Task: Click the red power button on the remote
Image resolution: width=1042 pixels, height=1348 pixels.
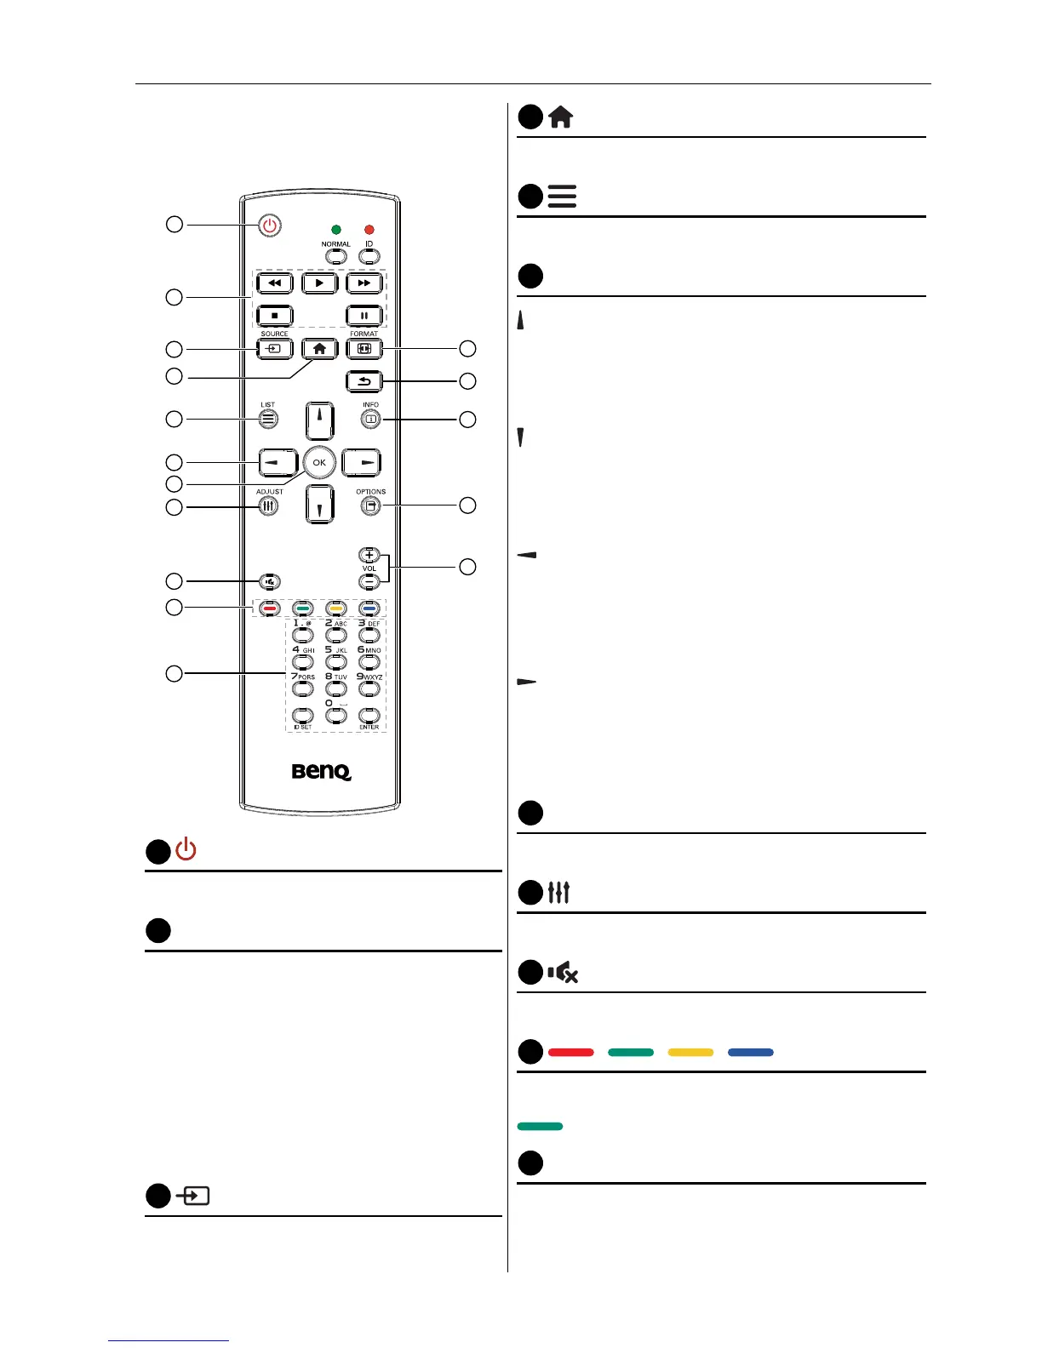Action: coord(270,226)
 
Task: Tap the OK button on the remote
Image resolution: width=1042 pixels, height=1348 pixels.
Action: coord(319,462)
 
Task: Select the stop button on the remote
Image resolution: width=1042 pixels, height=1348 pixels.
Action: coord(275,316)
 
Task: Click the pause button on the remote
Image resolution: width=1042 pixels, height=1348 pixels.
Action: coord(364,316)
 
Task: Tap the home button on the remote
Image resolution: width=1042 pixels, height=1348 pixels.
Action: coord(319,349)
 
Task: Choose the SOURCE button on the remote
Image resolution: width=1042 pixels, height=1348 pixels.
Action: coord(275,349)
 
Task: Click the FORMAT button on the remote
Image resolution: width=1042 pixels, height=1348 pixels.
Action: coord(364,349)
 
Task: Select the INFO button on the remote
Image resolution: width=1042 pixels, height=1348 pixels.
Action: coord(370,419)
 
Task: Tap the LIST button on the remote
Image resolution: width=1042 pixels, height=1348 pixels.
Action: coord(268,419)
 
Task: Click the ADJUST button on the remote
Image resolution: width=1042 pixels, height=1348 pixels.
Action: coord(268,505)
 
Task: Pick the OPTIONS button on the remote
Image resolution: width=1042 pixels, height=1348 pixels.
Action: coord(370,505)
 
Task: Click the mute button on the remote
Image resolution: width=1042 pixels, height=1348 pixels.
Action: coord(270,582)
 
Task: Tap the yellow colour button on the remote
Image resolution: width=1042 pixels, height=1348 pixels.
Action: coord(335,608)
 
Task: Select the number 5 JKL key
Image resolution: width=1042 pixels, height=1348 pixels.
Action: coord(335,661)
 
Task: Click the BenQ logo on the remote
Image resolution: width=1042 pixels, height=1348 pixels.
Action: coord(321,772)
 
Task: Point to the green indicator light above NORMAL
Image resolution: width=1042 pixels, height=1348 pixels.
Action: coord(336,230)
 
